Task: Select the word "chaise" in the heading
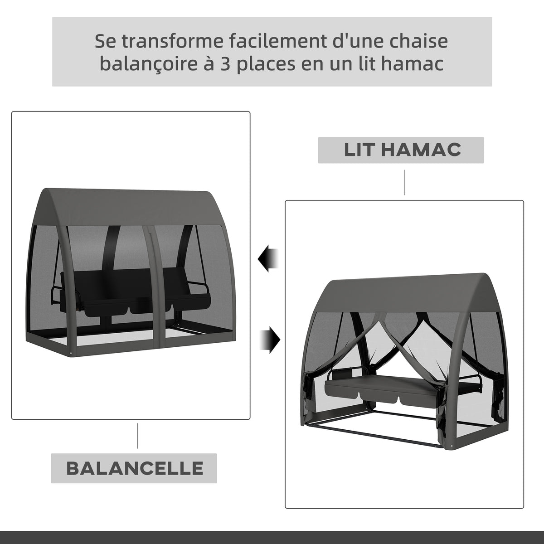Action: [x=418, y=41]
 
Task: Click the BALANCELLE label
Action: [x=134, y=468]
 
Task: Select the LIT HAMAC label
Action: [x=401, y=150]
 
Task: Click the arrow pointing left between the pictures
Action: [x=268, y=258]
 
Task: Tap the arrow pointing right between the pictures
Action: [x=270, y=340]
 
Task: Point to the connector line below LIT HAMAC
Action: [x=404, y=182]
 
